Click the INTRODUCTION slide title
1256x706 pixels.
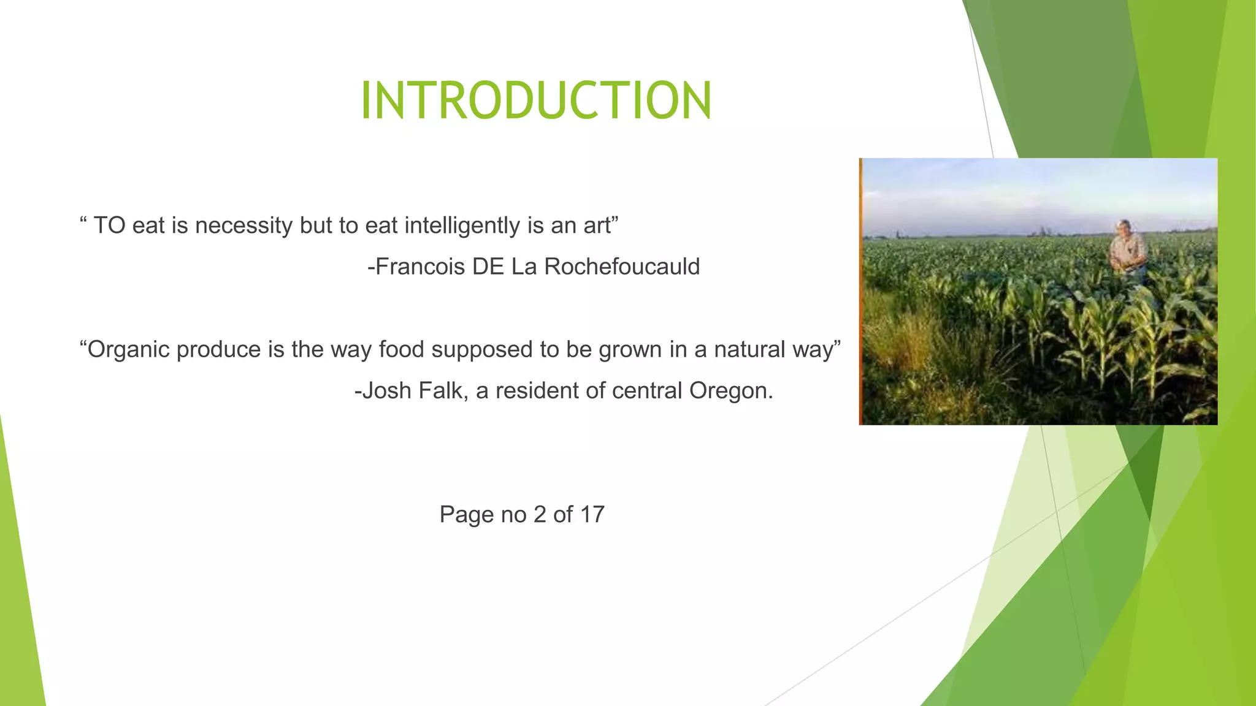click(536, 101)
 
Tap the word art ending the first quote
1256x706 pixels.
click(596, 226)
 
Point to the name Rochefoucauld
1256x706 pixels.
click(621, 267)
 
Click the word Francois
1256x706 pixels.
click(420, 267)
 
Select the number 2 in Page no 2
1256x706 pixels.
click(540, 515)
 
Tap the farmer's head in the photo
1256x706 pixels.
click(1124, 227)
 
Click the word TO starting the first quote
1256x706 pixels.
click(109, 226)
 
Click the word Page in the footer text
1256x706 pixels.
click(467, 515)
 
